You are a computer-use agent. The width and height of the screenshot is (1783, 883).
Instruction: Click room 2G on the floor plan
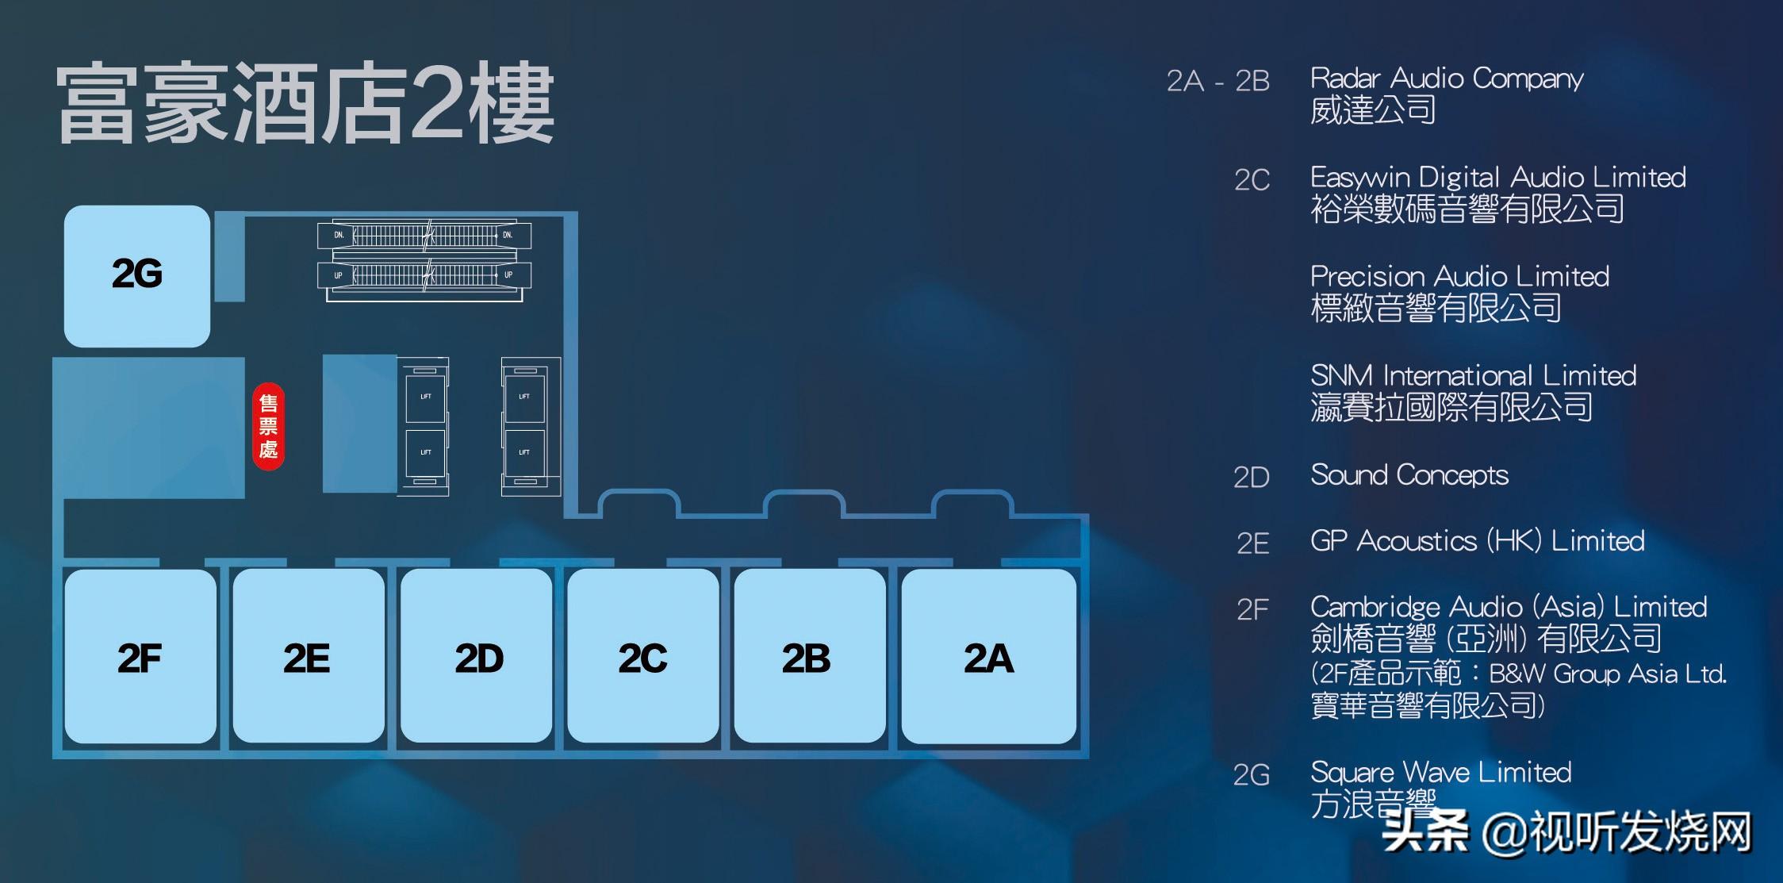(136, 274)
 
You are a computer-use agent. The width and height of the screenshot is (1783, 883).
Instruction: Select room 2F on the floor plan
(140, 657)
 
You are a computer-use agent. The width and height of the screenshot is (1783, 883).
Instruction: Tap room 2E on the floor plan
(308, 657)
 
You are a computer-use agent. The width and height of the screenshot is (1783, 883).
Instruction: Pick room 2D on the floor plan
(477, 657)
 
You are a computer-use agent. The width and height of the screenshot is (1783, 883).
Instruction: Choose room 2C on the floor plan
(642, 657)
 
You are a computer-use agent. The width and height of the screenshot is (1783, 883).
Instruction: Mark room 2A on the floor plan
(988, 657)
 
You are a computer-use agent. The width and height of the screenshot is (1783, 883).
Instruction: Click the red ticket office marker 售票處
(268, 427)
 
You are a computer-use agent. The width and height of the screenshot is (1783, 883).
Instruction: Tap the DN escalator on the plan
(425, 235)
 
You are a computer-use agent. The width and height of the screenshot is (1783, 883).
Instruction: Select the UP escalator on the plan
(425, 275)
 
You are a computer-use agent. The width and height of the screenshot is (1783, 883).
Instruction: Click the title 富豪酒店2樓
(305, 105)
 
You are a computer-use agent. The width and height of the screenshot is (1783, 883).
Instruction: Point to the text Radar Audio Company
(1446, 79)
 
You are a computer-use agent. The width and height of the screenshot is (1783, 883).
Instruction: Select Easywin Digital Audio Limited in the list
(1497, 177)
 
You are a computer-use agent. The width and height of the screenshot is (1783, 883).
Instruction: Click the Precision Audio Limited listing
(1459, 276)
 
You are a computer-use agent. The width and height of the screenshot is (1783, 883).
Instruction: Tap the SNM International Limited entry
(1473, 375)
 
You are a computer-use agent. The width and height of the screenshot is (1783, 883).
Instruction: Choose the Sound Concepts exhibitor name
(1409, 475)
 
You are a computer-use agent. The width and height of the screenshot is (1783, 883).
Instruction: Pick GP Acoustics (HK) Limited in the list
(1477, 541)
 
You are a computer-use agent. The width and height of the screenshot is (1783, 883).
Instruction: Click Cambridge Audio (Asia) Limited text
(1508, 607)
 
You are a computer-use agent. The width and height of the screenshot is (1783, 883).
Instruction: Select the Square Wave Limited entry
(1440, 772)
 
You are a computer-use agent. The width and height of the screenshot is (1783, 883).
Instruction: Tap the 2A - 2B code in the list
(1217, 81)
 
